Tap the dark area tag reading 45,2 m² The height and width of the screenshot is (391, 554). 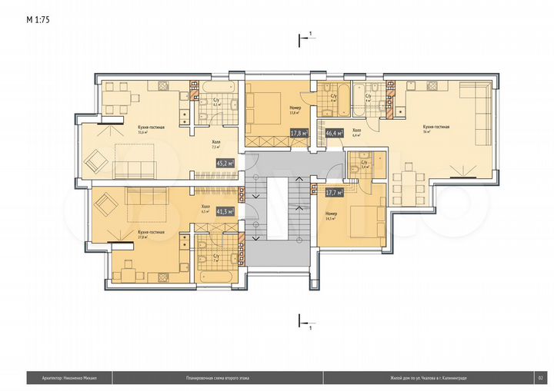225,163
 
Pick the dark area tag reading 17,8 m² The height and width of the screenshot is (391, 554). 299,133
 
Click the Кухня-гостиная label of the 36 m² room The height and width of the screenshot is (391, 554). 436,126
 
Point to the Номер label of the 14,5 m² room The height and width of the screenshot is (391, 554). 331,213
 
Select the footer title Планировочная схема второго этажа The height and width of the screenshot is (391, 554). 218,377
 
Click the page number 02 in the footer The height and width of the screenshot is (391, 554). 541,377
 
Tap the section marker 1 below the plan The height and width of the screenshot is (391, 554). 310,328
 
